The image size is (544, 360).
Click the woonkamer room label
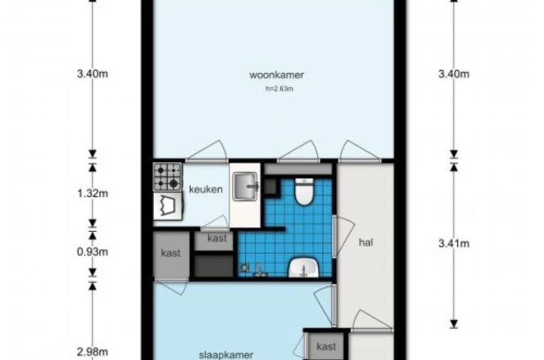pos(276,75)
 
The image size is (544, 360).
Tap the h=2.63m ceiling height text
pos(279,89)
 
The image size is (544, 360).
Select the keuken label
pos(206,190)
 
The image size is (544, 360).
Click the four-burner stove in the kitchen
pos(168,177)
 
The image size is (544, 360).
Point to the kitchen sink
pos(245,187)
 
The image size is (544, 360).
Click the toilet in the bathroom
pos(305,191)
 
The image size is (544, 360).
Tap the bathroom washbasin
pos(305,268)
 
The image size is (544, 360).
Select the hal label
pos(366,242)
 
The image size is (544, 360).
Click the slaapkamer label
pos(226,355)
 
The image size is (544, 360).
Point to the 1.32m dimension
pos(93,193)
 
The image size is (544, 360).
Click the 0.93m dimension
pos(93,252)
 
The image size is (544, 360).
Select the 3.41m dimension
pos(454,243)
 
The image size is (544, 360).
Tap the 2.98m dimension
pos(93,352)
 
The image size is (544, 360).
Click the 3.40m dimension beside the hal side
pos(454,74)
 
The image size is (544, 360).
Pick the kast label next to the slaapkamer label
pos(326,346)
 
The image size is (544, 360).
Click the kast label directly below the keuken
pos(217,238)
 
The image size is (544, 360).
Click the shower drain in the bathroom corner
pos(245,267)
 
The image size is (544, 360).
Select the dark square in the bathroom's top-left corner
pos(270,187)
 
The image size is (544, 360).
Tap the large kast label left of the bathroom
pos(171,253)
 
